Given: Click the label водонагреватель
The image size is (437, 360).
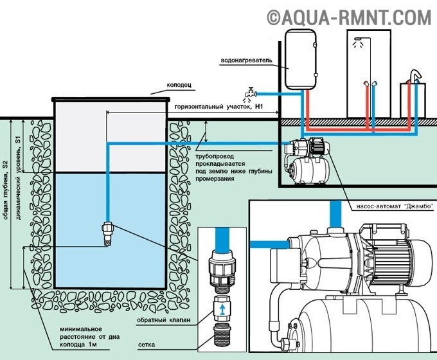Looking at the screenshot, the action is [246, 60].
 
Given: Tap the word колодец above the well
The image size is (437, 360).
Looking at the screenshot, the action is [179, 85].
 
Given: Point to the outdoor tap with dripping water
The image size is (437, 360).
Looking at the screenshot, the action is [250, 94].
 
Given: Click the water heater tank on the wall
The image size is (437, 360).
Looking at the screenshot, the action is [300, 59].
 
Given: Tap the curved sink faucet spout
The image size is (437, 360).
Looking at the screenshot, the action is [416, 76].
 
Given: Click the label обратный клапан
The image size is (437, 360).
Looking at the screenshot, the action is [164, 320].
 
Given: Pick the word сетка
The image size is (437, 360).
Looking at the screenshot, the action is [147, 345].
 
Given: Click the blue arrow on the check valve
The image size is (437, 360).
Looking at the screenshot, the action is [222, 309].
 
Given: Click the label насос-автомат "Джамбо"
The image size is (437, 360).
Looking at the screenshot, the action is [395, 206].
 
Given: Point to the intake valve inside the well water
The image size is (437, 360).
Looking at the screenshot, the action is [107, 233].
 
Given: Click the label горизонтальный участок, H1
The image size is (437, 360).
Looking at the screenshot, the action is [219, 107].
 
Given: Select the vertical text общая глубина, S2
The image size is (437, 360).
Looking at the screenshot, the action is [6, 190].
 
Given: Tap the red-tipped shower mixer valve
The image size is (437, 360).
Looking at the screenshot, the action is [366, 84].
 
